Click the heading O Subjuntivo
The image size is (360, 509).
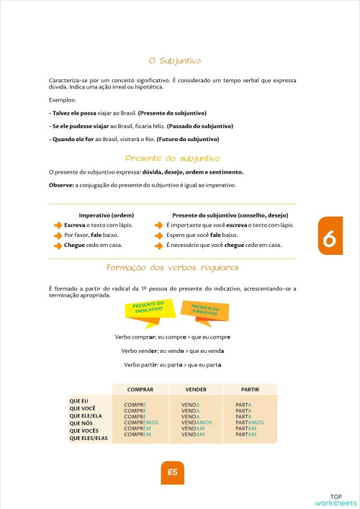tap(174, 62)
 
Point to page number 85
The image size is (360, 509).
tap(173, 472)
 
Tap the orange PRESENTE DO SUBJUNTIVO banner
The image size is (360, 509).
tap(205, 310)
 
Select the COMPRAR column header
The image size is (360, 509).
tap(140, 389)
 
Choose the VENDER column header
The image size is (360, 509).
tap(195, 389)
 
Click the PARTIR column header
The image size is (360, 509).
tap(250, 389)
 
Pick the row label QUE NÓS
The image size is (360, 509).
tap(80, 423)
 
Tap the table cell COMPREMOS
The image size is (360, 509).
tap(141, 423)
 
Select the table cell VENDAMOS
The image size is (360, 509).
tap(197, 423)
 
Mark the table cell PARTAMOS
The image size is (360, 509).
tap(250, 423)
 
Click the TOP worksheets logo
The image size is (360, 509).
tap(336, 499)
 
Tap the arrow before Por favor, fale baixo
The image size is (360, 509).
tap(58, 235)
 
